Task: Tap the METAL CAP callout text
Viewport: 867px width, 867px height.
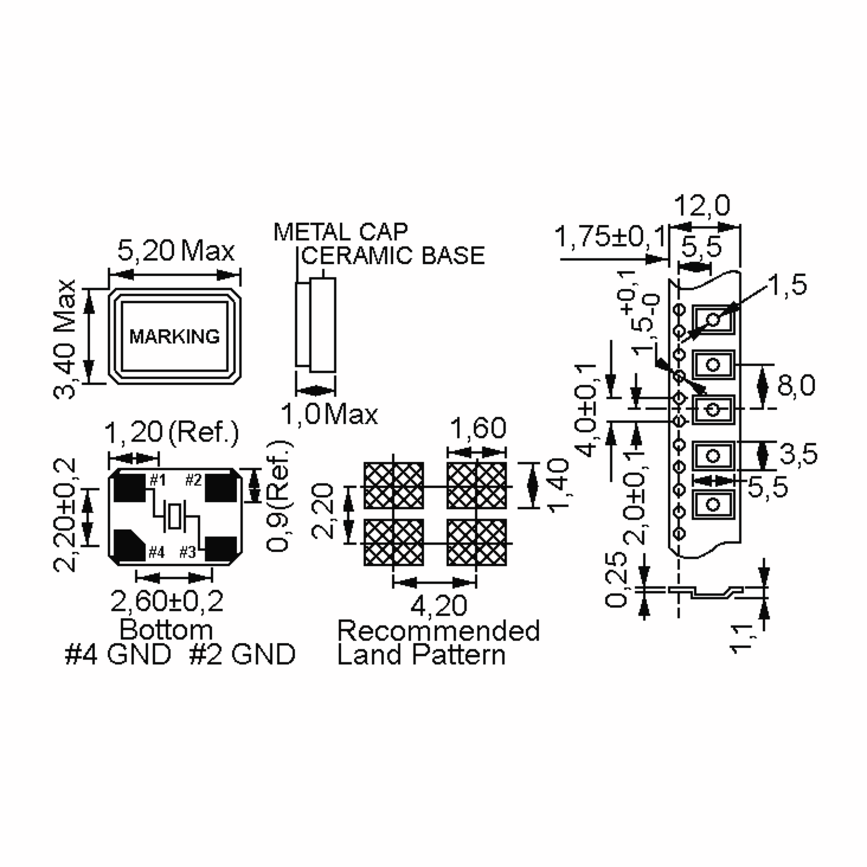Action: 341,232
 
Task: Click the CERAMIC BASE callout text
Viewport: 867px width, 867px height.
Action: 393,256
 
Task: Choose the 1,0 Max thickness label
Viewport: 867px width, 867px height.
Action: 329,414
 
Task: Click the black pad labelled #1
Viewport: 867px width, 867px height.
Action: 129,488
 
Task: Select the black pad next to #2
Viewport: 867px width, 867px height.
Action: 220,488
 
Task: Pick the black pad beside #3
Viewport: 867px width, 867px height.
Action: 220,548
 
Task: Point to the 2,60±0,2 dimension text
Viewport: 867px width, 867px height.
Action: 167,602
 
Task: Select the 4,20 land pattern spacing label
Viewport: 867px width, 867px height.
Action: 439,606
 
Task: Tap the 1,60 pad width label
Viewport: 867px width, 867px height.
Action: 478,428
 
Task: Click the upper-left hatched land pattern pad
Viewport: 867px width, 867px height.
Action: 393,486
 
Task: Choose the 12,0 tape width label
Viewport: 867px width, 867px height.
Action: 702,206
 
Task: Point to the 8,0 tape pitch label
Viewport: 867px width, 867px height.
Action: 796,386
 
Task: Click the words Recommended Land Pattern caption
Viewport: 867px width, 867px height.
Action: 438,643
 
